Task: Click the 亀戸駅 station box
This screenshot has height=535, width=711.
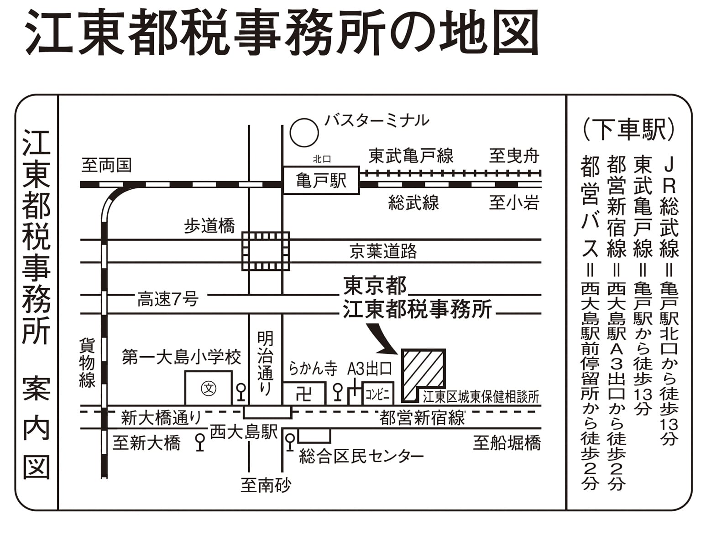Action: pyautogui.click(x=321, y=181)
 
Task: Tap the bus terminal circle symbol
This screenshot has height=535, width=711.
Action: pyautogui.click(x=304, y=132)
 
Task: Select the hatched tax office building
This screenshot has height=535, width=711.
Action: pyautogui.click(x=422, y=374)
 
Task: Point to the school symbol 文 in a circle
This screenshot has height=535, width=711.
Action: pyautogui.click(x=209, y=389)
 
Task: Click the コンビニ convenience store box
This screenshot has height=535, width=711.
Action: pyautogui.click(x=378, y=394)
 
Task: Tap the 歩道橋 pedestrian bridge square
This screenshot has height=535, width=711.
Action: pyautogui.click(x=266, y=251)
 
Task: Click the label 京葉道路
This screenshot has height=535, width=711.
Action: pyautogui.click(x=383, y=251)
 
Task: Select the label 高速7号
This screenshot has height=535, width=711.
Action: pyautogui.click(x=168, y=300)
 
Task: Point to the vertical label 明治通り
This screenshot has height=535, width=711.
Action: pyautogui.click(x=265, y=363)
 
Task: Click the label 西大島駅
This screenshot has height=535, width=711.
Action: pyautogui.click(x=244, y=431)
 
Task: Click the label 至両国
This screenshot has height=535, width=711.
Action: pyautogui.click(x=107, y=165)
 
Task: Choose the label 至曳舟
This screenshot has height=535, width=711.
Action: pyautogui.click(x=514, y=156)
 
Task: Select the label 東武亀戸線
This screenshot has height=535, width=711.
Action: pyautogui.click(x=411, y=156)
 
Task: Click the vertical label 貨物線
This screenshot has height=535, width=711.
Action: pyautogui.click(x=87, y=363)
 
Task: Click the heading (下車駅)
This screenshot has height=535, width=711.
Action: pyautogui.click(x=628, y=129)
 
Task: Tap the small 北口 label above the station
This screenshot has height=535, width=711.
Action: pyautogui.click(x=322, y=159)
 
